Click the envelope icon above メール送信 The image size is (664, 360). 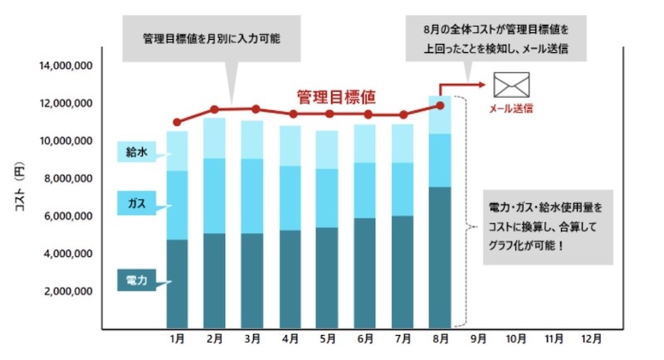click(x=510, y=85)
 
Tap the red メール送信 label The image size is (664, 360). click(x=510, y=108)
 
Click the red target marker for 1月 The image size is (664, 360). click(x=177, y=122)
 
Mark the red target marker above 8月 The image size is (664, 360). click(x=440, y=105)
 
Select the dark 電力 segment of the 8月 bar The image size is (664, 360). click(x=440, y=257)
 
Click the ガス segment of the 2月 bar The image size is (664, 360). click(x=214, y=196)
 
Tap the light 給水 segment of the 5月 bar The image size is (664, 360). click(x=327, y=149)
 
